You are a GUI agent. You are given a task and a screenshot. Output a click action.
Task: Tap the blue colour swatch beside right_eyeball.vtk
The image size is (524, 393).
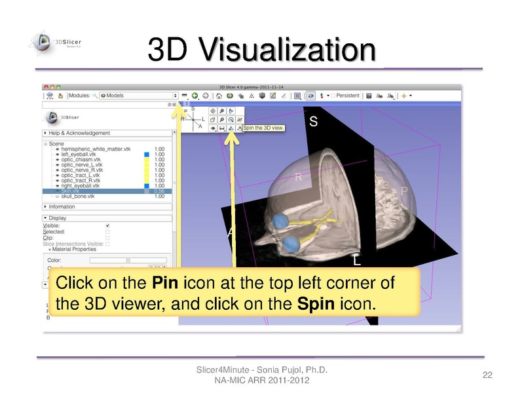click(147, 185)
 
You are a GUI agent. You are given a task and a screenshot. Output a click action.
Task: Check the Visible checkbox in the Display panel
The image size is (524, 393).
click(108, 225)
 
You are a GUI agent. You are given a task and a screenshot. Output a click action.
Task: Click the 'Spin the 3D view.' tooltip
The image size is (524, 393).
click(263, 128)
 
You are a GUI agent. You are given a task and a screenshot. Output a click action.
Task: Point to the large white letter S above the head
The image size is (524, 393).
click(313, 122)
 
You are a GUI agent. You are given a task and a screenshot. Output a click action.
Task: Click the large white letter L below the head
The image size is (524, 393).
click(357, 260)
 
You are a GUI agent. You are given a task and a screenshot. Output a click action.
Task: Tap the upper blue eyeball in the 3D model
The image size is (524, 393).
click(283, 220)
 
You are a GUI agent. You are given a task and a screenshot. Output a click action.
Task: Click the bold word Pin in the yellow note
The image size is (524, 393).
click(162, 284)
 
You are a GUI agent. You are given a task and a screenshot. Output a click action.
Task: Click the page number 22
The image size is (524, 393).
click(487, 375)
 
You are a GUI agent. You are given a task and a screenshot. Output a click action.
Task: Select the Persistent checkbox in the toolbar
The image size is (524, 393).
click(333, 96)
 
